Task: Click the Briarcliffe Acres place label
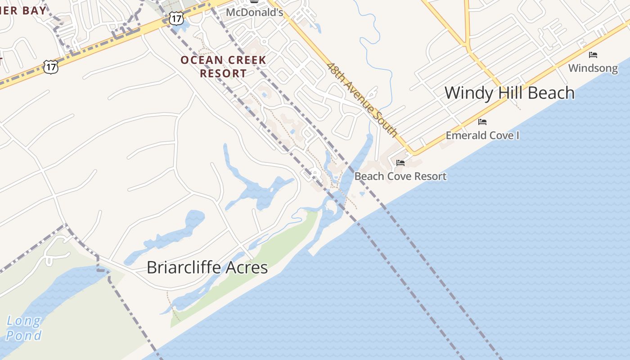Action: [207, 267]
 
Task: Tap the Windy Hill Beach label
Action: [509, 93]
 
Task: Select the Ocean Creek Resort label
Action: [223, 67]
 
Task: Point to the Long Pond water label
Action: [23, 328]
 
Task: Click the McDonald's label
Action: [254, 12]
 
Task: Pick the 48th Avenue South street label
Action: [362, 99]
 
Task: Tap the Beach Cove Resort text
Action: [400, 176]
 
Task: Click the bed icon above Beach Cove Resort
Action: [400, 163]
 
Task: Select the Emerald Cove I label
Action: [482, 135]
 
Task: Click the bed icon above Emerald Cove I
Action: [482, 122]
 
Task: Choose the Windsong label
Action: [593, 68]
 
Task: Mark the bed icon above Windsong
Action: [593, 55]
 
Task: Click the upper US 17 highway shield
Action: [176, 18]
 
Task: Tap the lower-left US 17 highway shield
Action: [51, 67]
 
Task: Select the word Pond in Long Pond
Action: [23, 335]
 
